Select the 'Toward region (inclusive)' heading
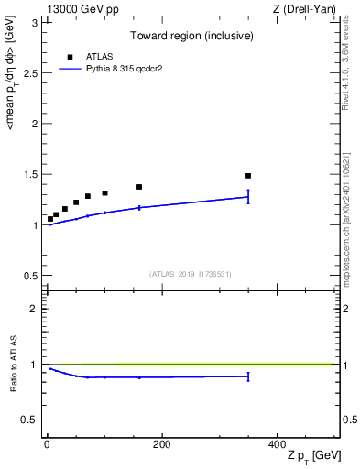coord(191,38)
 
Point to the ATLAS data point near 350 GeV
coord(248,176)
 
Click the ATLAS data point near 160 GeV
coord(139,187)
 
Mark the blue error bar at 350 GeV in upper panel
coord(248,196)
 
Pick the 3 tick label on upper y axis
coord(34,22)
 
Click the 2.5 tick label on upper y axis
coord(29,73)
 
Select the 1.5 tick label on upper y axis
coord(29,174)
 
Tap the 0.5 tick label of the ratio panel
coord(29,420)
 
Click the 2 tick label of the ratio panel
coord(34,309)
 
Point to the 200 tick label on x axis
coord(161,444)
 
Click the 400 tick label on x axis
coord(277,444)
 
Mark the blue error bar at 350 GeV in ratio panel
coord(248,376)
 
